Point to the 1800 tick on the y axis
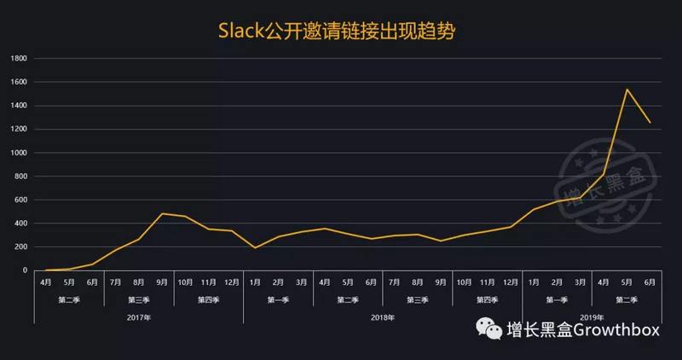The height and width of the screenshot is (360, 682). click(x=19, y=59)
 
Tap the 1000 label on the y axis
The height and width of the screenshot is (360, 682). click(x=19, y=153)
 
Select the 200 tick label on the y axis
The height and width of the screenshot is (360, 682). click(x=21, y=247)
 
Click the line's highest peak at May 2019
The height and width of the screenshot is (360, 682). click(x=627, y=89)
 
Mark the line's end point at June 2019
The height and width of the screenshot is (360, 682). click(x=650, y=123)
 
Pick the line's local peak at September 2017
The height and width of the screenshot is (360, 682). click(x=162, y=213)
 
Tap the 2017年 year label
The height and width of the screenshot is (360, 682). click(x=138, y=316)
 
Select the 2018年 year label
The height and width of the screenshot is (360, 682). click(x=382, y=316)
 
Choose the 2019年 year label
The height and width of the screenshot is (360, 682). click(x=592, y=316)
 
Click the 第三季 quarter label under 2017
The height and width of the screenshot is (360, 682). click(x=138, y=299)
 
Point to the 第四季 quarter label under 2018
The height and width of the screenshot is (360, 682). click(x=487, y=299)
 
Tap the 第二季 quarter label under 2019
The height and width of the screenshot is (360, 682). click(x=627, y=299)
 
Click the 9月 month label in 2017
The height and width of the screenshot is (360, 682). click(x=162, y=281)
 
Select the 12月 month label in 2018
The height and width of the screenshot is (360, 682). click(x=510, y=281)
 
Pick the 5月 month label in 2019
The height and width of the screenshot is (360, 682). click(x=627, y=281)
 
